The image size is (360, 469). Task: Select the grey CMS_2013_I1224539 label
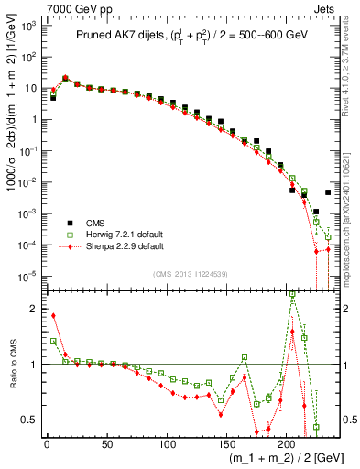pyautogui.click(x=190, y=274)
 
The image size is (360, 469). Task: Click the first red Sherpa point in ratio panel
pyautogui.click(x=53, y=316)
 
